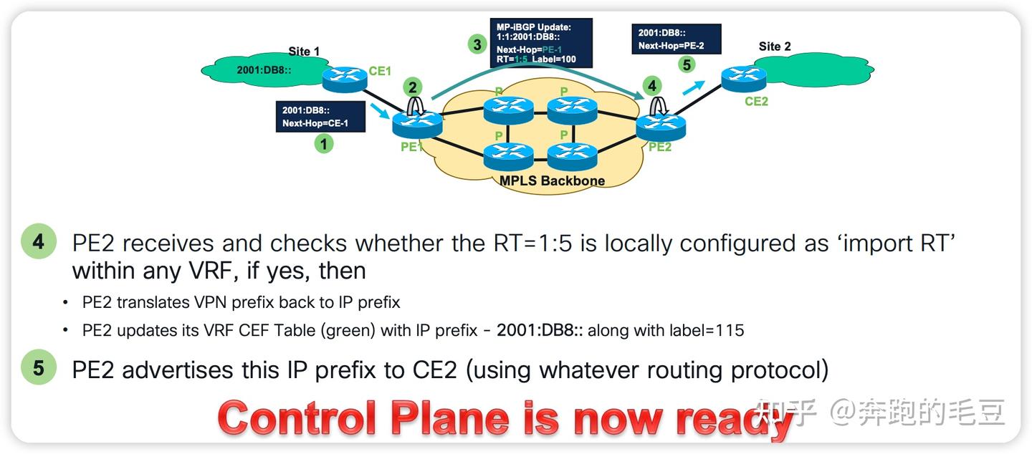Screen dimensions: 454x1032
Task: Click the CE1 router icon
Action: [x=345, y=78]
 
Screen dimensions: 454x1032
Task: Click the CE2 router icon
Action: [x=743, y=77]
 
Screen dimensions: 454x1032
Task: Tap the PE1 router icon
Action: [x=417, y=125]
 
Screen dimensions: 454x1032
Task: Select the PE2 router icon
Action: [x=661, y=127]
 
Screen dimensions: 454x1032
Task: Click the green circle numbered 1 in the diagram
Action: [x=325, y=144]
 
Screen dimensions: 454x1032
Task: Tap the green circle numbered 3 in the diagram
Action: [x=477, y=44]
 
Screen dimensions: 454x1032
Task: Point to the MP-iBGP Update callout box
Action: [x=541, y=43]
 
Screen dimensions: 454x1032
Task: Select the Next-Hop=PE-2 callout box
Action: [x=677, y=39]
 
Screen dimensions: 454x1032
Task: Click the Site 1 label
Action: [x=304, y=52]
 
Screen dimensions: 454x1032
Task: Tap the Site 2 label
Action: [x=775, y=47]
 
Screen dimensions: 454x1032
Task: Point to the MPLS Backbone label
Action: [x=552, y=180]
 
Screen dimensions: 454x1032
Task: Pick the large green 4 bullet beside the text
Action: [x=38, y=242]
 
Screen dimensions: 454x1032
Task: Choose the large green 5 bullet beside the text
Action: [x=38, y=368]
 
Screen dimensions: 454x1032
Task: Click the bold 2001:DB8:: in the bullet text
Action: [x=540, y=330]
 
